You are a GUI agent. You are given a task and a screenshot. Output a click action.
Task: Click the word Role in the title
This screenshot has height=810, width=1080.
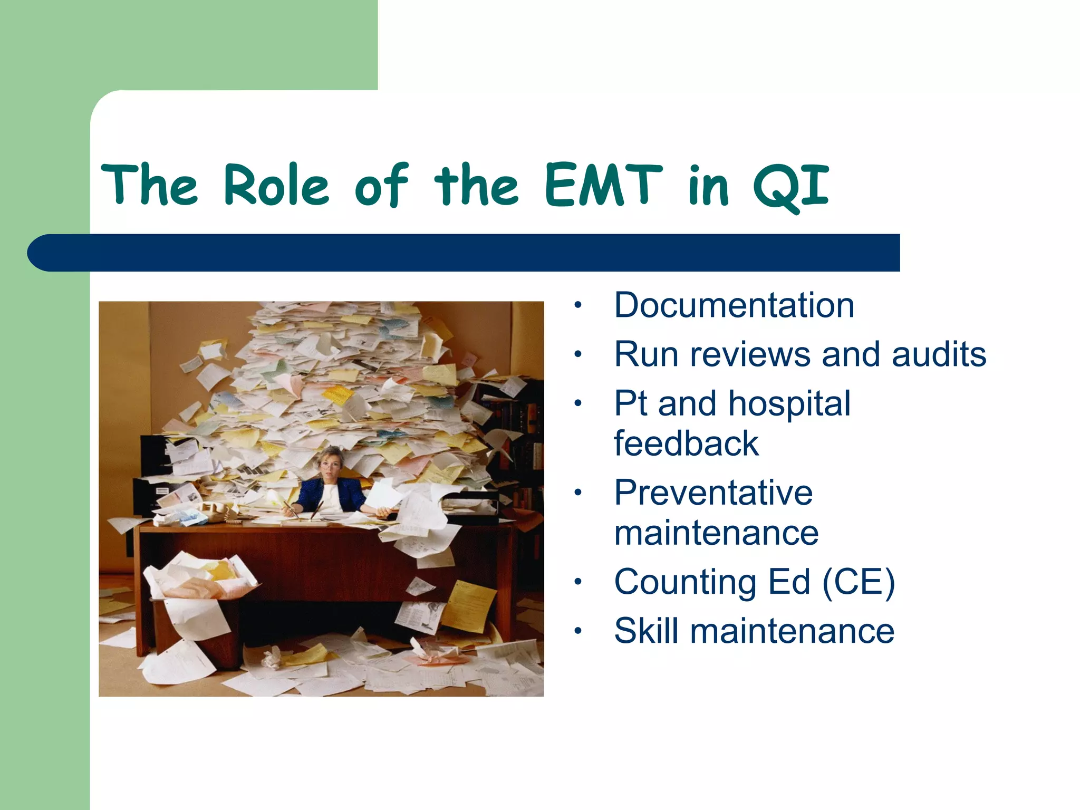coord(276,185)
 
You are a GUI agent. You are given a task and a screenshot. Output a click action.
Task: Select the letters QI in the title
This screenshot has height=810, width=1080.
coord(791,186)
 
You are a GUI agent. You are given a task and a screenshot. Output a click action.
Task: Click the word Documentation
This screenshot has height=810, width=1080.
coord(734,305)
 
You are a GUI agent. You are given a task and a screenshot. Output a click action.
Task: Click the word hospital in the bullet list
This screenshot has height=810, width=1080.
coord(789,403)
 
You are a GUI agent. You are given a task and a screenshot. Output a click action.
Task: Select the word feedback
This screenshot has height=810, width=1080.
coord(686,443)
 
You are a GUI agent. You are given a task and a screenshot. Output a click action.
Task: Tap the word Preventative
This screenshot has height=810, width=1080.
coord(713,493)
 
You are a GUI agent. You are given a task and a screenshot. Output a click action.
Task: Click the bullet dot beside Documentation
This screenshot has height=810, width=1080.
coord(578,305)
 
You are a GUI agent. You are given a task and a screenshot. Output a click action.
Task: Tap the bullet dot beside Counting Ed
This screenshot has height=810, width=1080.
coord(578,582)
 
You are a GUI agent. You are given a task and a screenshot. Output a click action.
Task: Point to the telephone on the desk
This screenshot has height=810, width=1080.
coord(221,512)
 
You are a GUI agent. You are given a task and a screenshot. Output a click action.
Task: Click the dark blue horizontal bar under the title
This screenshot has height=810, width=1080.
coord(464,253)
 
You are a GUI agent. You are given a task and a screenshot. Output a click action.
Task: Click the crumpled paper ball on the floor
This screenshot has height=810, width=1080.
coord(272,659)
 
